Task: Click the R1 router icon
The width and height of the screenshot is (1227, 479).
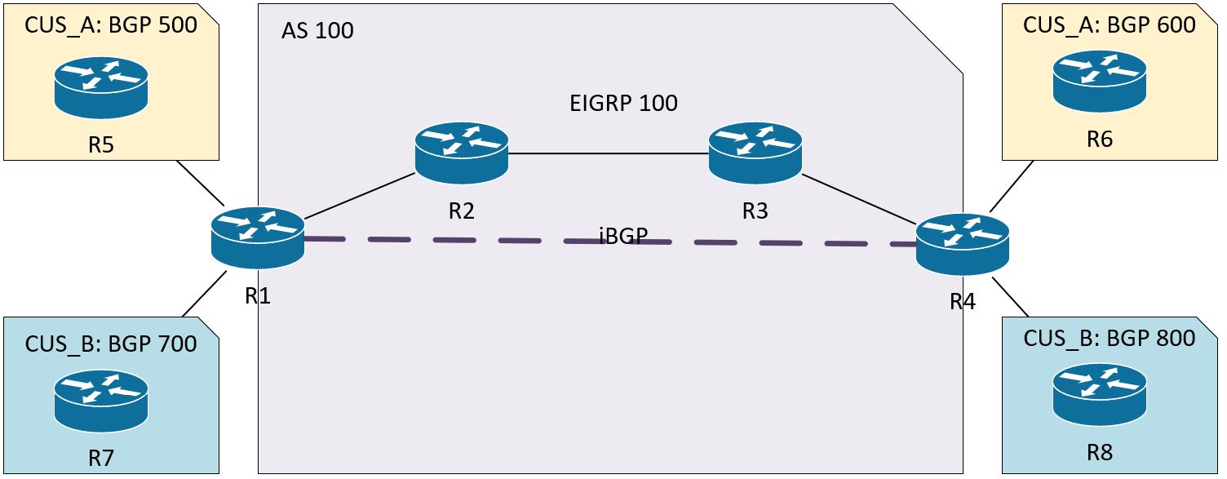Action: [258, 237]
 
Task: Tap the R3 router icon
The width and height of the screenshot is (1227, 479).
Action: [755, 153]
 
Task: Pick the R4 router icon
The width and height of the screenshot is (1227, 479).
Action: [963, 244]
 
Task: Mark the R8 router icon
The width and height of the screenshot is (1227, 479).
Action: [1099, 394]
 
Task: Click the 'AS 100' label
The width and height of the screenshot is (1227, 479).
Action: [318, 31]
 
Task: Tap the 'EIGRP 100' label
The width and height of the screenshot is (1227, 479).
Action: [623, 104]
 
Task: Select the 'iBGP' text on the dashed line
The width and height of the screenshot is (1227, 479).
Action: [623, 235]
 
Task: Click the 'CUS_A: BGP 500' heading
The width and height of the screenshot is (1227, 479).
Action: [111, 25]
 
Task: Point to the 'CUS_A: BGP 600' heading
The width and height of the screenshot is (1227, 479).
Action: [1110, 25]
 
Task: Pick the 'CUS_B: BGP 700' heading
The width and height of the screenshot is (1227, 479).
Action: [111, 344]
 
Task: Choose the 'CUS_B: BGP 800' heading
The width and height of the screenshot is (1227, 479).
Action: [1110, 338]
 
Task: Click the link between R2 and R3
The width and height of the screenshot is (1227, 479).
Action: [608, 153]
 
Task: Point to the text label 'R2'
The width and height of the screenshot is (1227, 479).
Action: [462, 211]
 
